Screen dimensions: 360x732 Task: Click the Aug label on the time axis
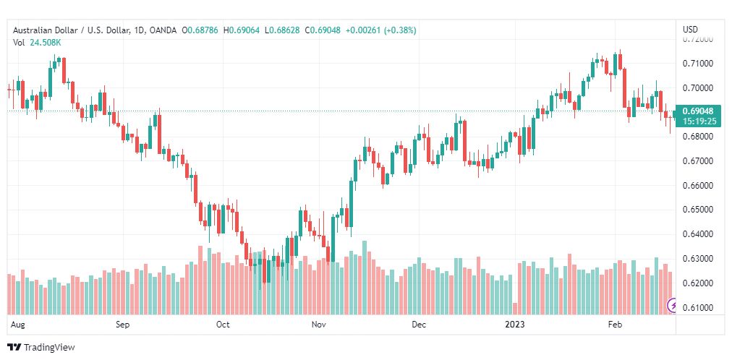[19, 325]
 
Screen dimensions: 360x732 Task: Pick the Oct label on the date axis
[223, 325]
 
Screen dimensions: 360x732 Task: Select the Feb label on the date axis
[615, 325]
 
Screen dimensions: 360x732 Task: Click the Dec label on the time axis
[419, 325]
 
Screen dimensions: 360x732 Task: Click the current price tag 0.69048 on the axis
[698, 111]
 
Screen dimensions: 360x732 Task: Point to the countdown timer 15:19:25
[698, 121]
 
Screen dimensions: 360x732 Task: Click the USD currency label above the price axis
[690, 30]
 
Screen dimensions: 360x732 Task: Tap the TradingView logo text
[49, 348]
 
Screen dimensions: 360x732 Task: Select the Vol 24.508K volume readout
[37, 42]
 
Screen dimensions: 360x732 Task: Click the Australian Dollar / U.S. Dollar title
[71, 30]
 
